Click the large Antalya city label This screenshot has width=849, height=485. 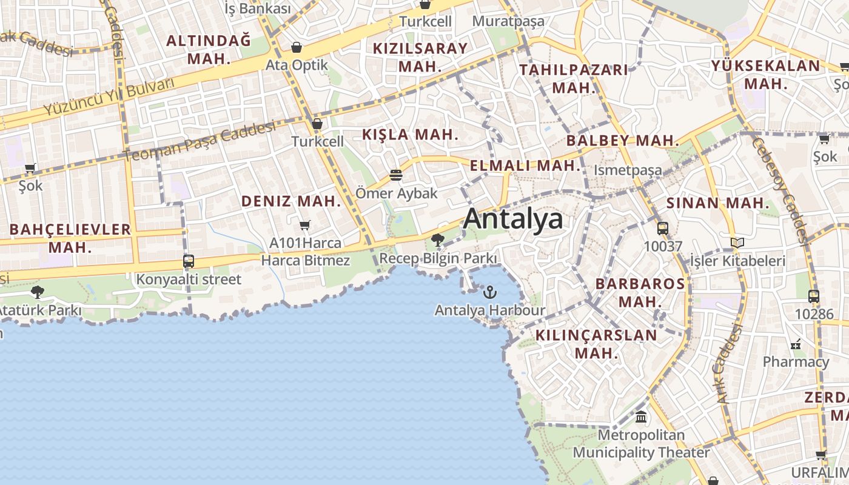click(x=513, y=219)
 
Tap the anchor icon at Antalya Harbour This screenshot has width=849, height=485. click(x=489, y=293)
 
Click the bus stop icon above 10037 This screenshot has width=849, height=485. click(x=663, y=229)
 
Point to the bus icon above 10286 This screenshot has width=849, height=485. click(x=814, y=296)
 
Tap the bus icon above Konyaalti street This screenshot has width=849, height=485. click(x=189, y=261)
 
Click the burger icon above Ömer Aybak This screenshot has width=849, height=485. click(x=396, y=175)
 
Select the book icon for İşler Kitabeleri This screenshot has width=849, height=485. click(x=737, y=243)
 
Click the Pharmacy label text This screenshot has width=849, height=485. click(x=796, y=362)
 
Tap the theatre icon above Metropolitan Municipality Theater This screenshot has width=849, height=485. click(x=641, y=417)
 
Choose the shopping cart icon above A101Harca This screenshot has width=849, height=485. click(x=305, y=225)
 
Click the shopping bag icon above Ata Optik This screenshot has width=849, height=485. click(x=297, y=47)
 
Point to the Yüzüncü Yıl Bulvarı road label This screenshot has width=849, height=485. click(x=109, y=97)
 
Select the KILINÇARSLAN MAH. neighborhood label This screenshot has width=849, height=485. click(x=596, y=344)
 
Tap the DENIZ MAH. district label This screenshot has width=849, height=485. click(x=292, y=201)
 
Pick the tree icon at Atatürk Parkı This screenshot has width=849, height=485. click(x=38, y=292)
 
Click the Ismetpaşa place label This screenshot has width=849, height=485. click(x=628, y=170)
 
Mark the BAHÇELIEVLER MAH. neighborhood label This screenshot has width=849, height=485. click(x=70, y=238)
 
